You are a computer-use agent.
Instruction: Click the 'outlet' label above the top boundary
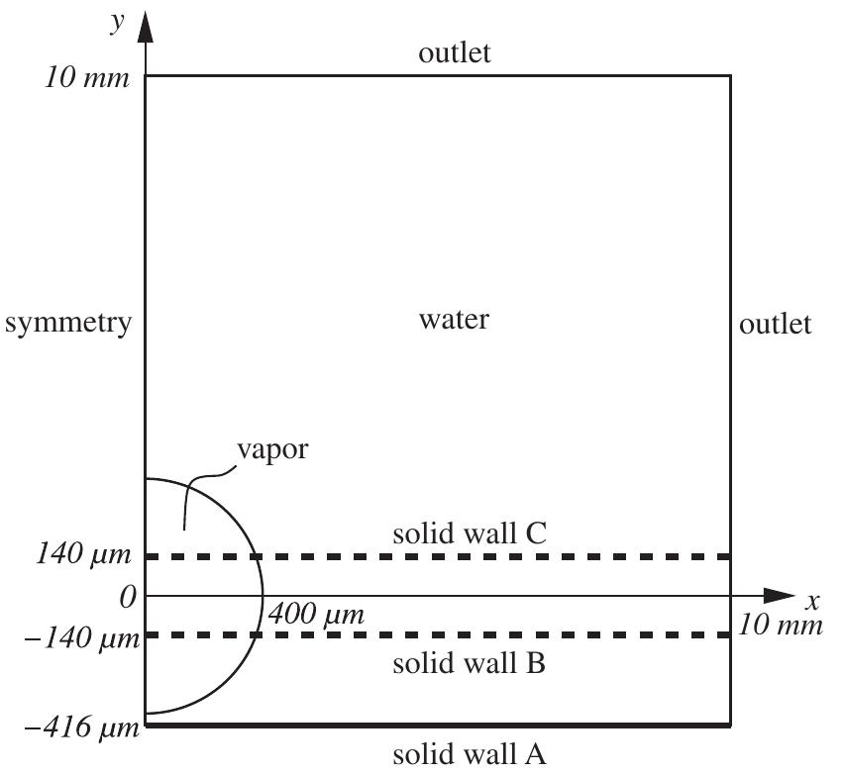[x=455, y=53]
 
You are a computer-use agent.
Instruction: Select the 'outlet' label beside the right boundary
[x=776, y=324]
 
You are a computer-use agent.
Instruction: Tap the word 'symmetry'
[x=67, y=324]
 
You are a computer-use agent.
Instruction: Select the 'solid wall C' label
[x=469, y=534]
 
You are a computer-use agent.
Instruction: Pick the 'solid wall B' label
[x=469, y=663]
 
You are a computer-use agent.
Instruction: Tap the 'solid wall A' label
[x=469, y=755]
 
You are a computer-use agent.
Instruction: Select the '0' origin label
[x=124, y=597]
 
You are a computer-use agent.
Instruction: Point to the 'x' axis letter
[x=812, y=602]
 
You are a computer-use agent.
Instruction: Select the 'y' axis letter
[x=117, y=22]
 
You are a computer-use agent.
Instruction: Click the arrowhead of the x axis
[x=783, y=596]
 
